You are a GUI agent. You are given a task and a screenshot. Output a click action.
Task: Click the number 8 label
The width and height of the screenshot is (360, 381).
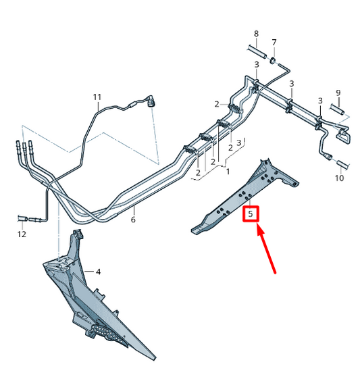point(256,34)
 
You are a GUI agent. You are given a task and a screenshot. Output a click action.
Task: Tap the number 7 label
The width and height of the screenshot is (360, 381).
point(274,43)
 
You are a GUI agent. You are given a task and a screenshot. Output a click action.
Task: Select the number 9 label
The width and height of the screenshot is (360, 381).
point(338,93)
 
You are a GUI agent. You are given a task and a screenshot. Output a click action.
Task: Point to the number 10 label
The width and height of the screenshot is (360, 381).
point(339,178)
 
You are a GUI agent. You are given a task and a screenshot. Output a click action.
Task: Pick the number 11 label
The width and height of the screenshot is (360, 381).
point(97,97)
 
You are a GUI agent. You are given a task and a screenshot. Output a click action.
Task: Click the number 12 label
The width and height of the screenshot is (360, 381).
point(22,234)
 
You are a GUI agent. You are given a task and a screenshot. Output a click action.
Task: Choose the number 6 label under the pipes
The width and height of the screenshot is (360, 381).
point(133,220)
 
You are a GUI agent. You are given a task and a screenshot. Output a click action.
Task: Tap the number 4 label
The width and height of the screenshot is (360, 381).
point(98,272)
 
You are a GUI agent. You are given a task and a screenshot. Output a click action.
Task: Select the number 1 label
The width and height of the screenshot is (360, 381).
point(228,172)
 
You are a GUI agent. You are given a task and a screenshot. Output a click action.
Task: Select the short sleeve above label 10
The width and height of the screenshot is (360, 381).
point(340,163)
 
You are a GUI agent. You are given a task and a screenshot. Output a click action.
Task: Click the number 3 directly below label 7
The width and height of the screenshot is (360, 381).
point(257,64)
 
